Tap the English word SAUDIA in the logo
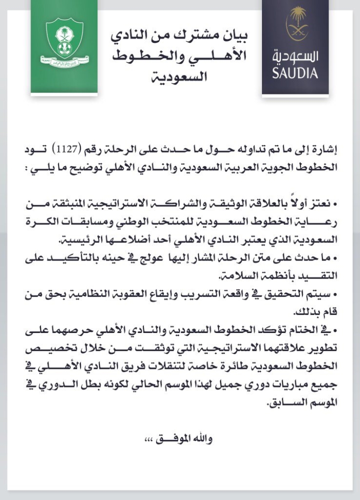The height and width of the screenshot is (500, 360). (x=295, y=73)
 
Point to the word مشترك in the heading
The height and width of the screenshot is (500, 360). (x=197, y=36)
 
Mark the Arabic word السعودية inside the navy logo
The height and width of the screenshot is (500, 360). (x=295, y=55)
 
